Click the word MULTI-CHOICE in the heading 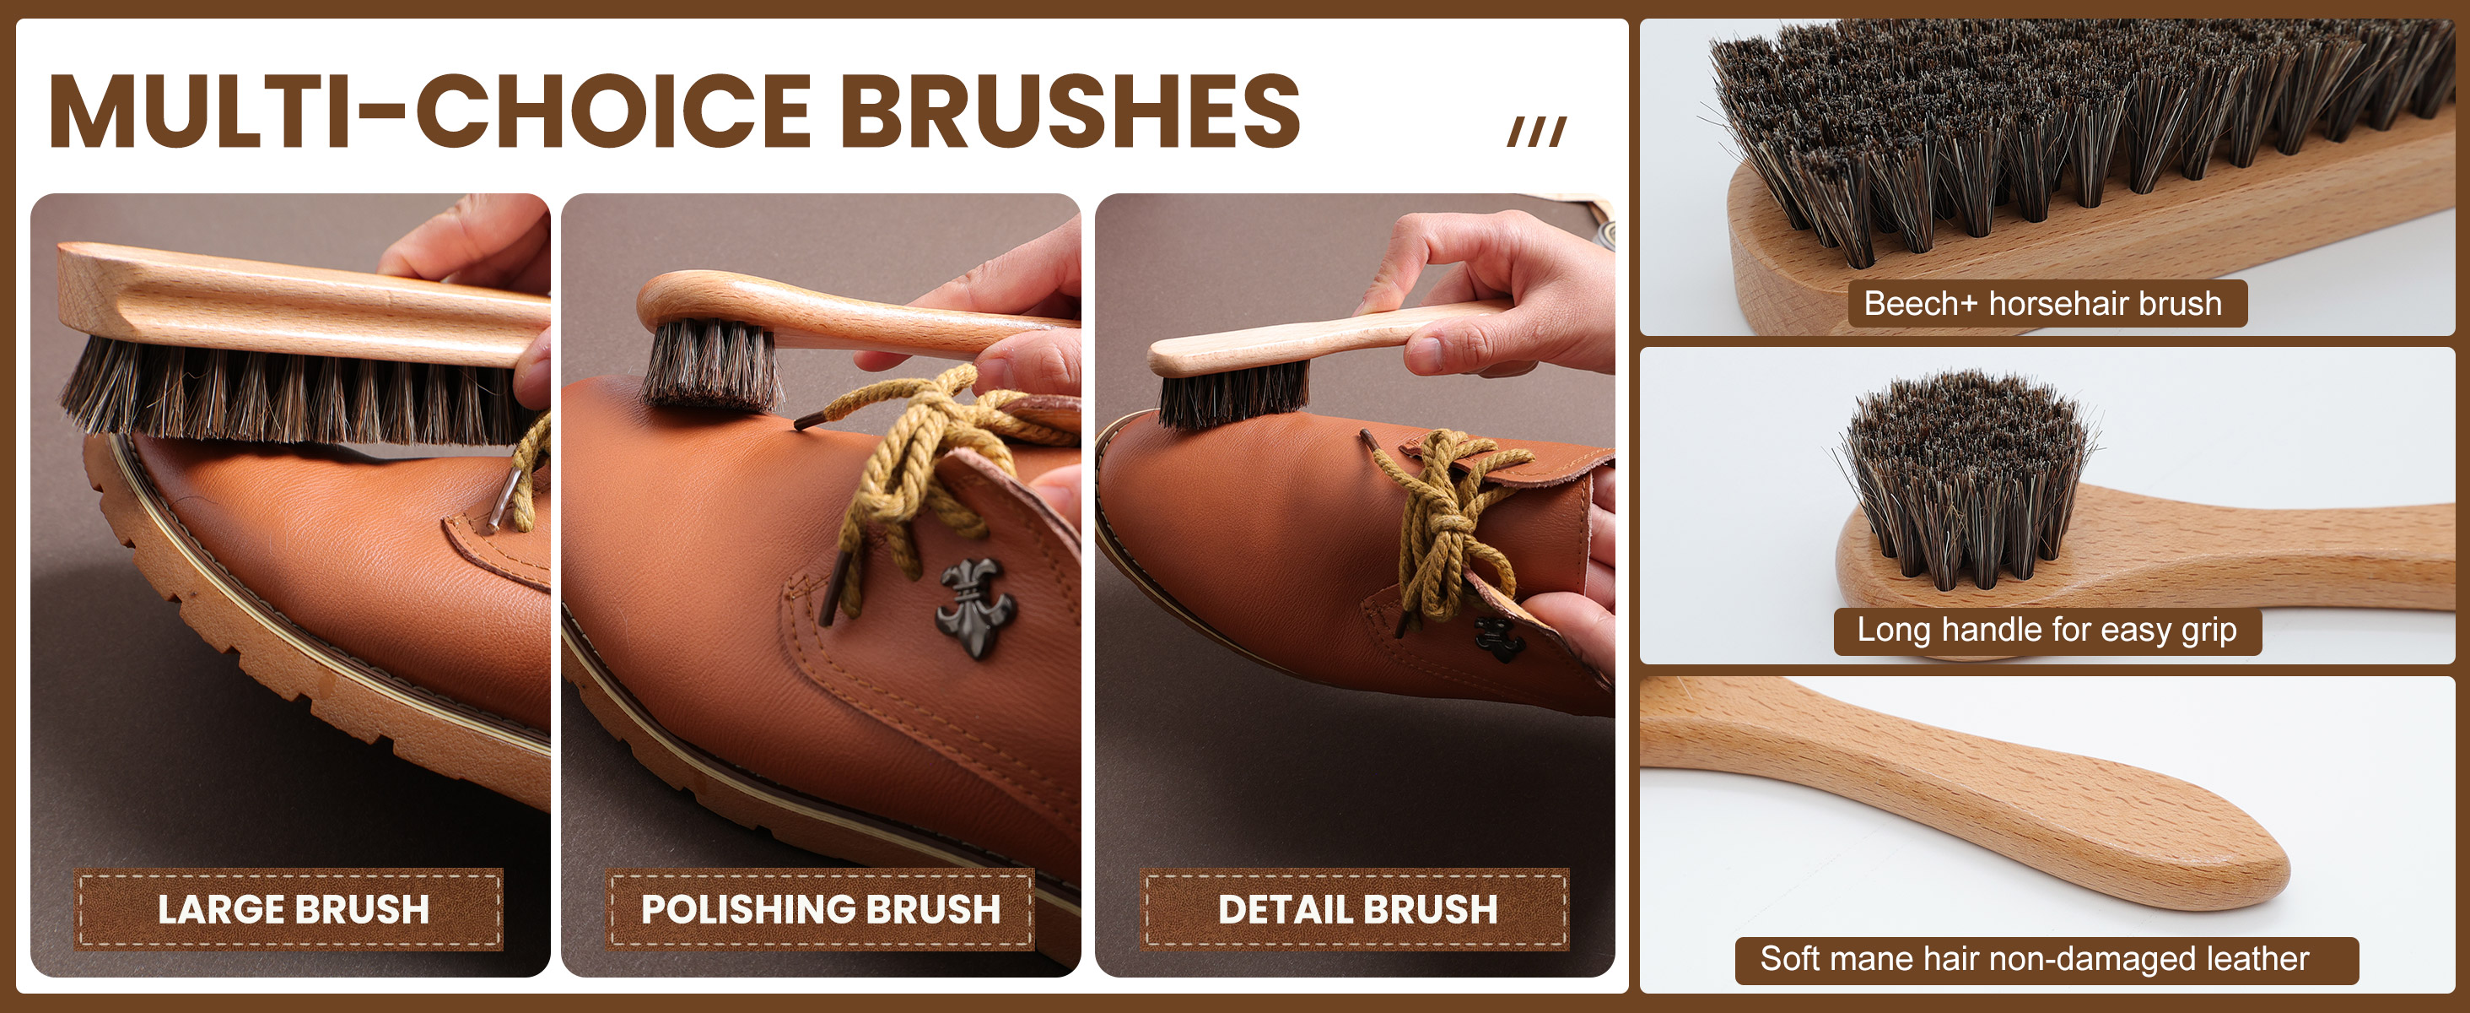430,111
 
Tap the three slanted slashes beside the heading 1537,132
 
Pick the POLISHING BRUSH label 820,909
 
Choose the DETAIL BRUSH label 1355,909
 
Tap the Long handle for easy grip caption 2047,631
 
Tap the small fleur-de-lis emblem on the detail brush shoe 1497,639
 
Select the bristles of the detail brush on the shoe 1233,395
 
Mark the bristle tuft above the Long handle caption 1966,479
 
